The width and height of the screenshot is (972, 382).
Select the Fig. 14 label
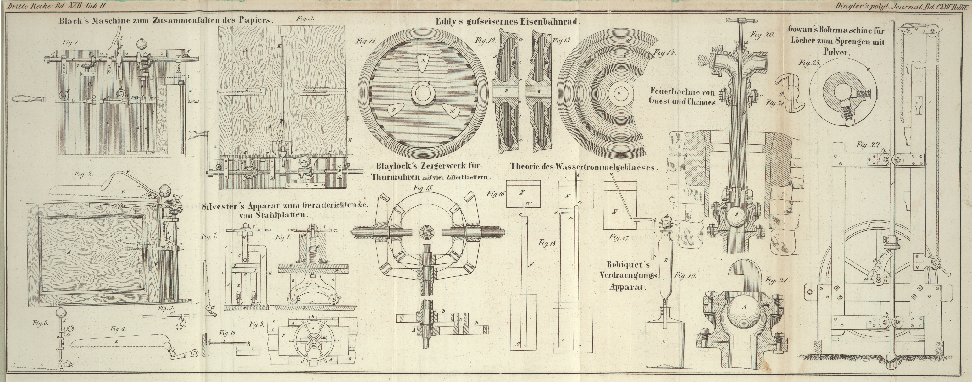664,53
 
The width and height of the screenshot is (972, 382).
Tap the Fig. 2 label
83,174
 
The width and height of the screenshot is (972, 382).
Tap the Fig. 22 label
868,144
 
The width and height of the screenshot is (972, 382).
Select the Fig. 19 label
685,276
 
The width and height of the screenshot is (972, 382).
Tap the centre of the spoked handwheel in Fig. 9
313,340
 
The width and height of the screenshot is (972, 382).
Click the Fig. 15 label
422,187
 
